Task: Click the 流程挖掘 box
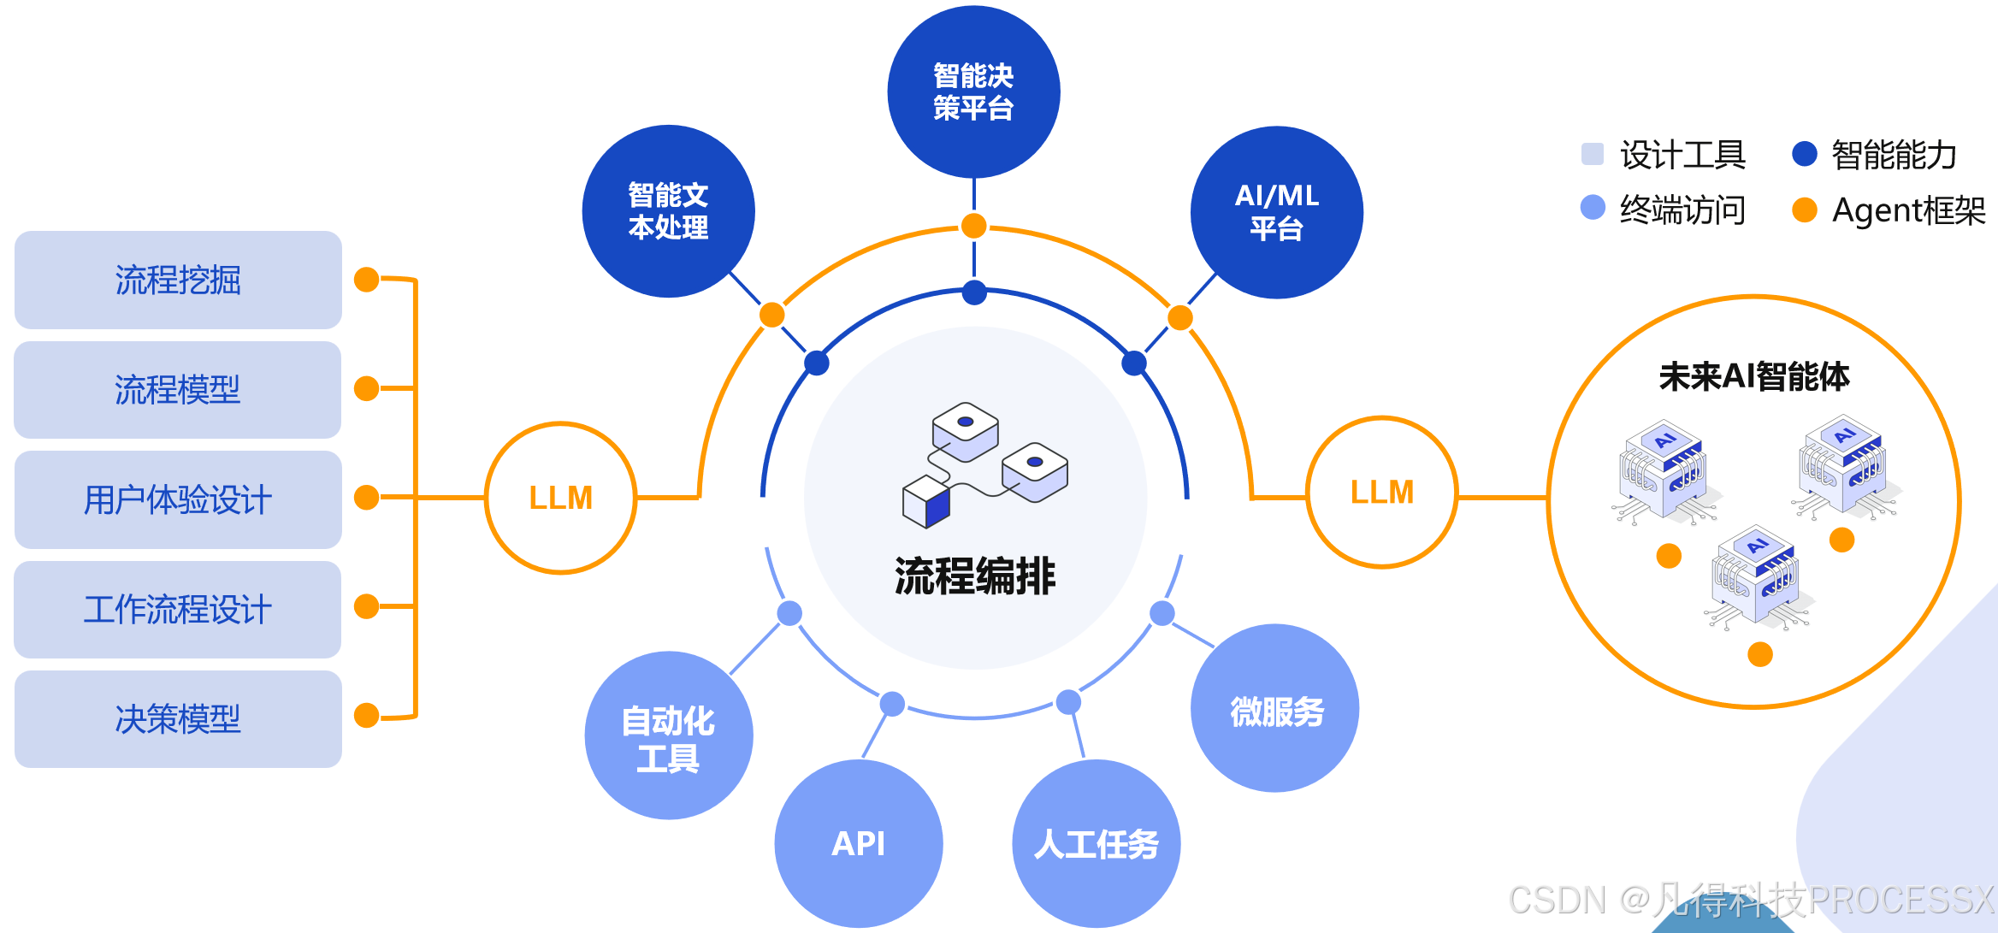(178, 280)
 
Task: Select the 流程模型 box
(178, 390)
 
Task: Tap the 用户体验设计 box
(178, 499)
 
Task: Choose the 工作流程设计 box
(178, 609)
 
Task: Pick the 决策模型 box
(178, 718)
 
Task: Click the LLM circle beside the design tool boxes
(560, 498)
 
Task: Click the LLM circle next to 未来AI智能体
(1381, 493)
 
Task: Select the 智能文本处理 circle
(668, 211)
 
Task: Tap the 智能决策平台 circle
(973, 92)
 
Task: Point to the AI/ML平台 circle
(1276, 212)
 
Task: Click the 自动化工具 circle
(668, 735)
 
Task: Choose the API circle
(858, 843)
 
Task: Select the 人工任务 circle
(1096, 843)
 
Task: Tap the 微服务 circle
(1274, 709)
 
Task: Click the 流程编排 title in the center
(975, 576)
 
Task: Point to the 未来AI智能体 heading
(1753, 376)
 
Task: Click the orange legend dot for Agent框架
(1804, 210)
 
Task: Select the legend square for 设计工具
(1593, 154)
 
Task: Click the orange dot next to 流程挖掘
(367, 280)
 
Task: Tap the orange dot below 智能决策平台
(973, 226)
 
